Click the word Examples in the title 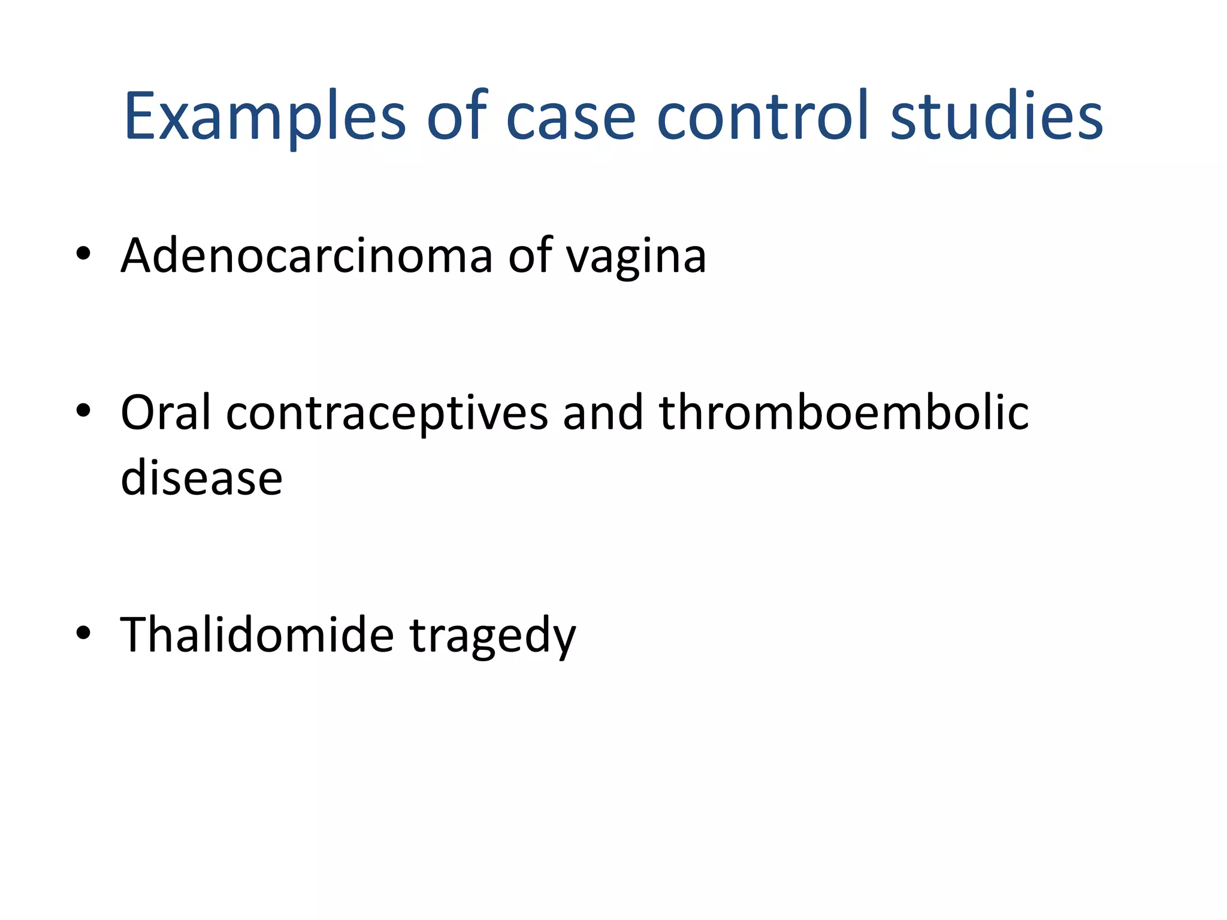[x=265, y=117]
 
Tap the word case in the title [x=570, y=117]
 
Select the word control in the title [x=763, y=117]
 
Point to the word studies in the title [x=996, y=117]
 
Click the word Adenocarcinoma [x=307, y=256]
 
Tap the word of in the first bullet [x=530, y=256]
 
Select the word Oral [x=166, y=413]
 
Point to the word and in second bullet [x=603, y=413]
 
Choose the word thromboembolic [x=844, y=413]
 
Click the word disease [x=201, y=479]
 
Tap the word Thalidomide [x=257, y=635]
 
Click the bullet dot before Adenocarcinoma [x=83, y=254]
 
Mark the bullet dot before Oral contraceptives [x=83, y=411]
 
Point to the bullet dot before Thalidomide [x=83, y=632]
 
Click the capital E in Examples [x=139, y=117]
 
